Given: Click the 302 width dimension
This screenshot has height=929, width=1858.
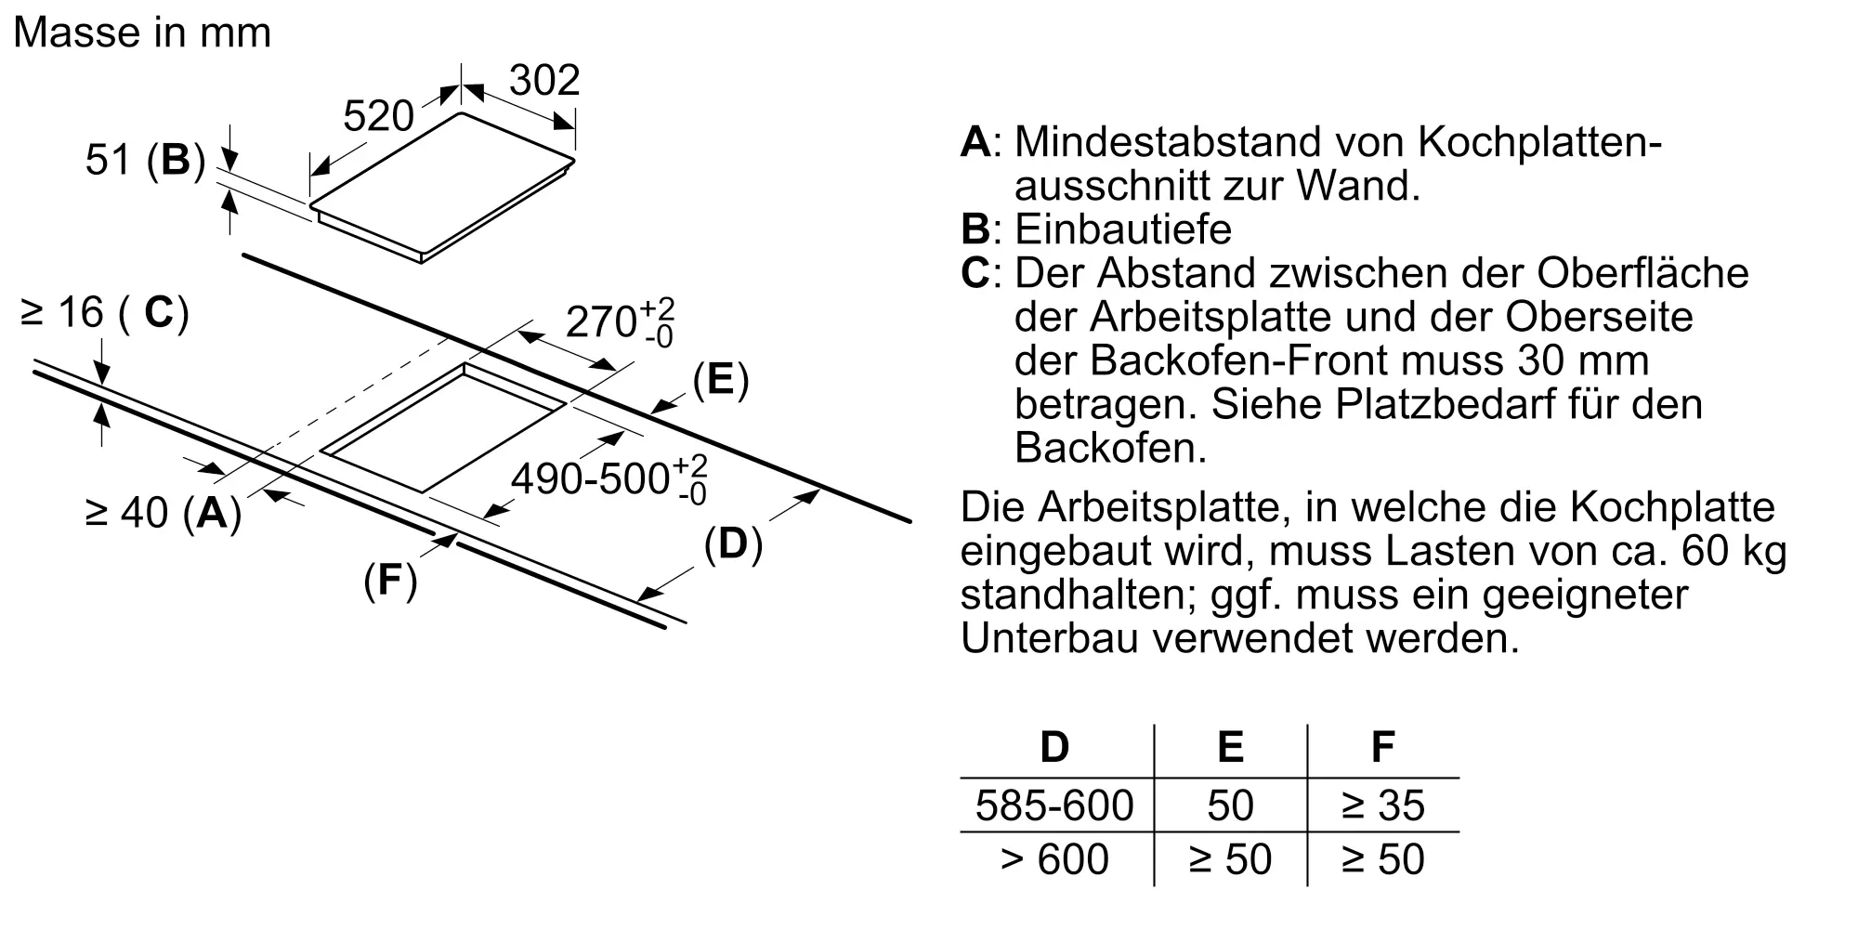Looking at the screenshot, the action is point(544,81).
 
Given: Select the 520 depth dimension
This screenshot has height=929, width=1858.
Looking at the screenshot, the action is point(378,117).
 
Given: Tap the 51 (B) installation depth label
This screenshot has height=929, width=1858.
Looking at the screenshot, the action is point(145,161).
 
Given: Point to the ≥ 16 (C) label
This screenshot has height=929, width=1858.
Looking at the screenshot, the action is point(104,313).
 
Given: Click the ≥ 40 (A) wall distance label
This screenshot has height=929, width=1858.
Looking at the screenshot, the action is point(164,512).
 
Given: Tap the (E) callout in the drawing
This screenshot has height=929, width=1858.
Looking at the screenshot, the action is point(721,380).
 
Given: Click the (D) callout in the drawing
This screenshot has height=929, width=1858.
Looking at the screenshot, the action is point(733,543).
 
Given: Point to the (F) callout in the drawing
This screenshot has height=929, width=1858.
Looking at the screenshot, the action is point(390,580).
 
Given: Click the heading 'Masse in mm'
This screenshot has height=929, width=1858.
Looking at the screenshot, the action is point(142,33).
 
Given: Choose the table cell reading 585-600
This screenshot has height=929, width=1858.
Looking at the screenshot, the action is point(1054,805).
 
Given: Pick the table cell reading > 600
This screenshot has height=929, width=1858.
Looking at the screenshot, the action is point(1054,859).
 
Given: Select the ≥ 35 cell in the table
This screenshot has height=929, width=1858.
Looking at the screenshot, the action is point(1382,805).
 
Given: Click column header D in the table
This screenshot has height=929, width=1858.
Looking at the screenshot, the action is point(1054,747).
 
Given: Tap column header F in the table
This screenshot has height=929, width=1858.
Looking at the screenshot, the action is point(1382,747).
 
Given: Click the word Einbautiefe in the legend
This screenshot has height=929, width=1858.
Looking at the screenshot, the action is point(1123,229).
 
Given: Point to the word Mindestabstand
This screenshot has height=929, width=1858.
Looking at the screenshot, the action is point(1167,142).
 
